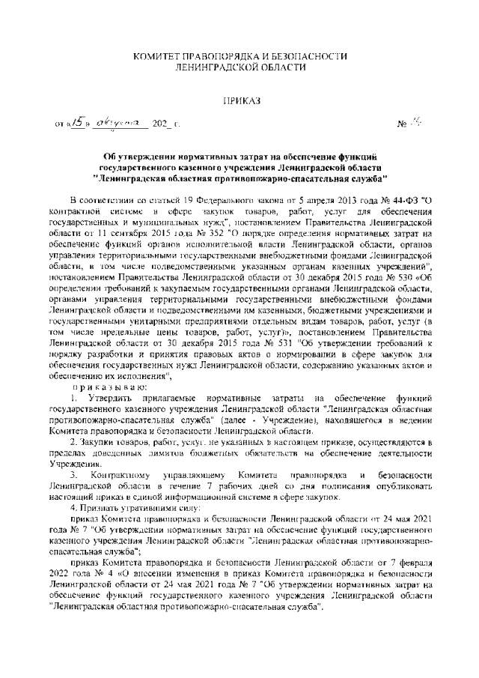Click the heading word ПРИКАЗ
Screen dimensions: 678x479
239,100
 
